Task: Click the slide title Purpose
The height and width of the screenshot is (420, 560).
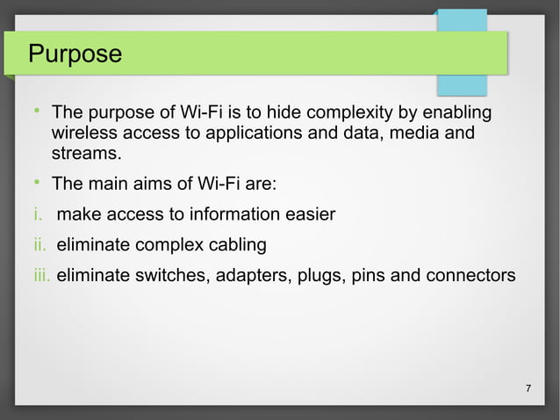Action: [75, 54]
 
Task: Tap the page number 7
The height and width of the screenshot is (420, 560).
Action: [528, 389]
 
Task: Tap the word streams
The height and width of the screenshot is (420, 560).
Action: [86, 156]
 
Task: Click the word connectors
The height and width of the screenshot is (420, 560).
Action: [470, 275]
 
